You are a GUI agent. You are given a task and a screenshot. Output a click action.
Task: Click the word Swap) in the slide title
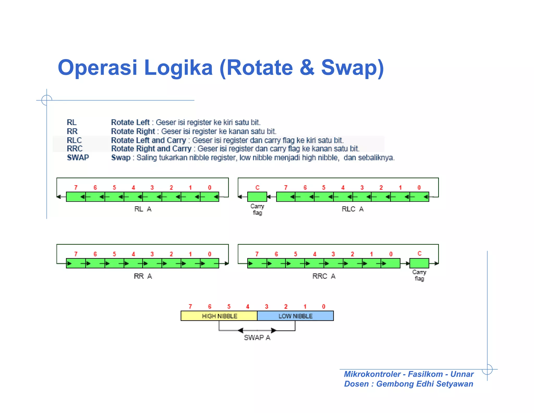pos(352,68)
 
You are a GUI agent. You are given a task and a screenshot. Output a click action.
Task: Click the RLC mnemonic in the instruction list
pos(74,140)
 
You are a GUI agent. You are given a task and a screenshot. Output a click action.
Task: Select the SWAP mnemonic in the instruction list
pos(78,157)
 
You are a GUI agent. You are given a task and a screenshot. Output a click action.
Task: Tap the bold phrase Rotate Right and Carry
pos(151,149)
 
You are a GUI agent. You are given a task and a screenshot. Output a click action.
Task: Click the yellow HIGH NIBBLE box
pos(219,316)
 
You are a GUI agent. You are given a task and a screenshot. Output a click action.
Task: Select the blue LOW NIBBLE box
pos(295,316)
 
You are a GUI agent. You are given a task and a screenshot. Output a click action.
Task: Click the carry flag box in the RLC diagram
pos(257,197)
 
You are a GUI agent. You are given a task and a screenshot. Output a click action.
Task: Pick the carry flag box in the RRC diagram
pos(419,263)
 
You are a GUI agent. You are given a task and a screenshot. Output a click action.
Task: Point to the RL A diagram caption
pos(143,209)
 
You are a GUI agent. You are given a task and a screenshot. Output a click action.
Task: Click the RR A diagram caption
pos(143,276)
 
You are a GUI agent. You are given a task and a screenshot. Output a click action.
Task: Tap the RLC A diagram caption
pos(353,209)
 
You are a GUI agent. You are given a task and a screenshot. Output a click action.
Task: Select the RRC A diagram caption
pos(324,276)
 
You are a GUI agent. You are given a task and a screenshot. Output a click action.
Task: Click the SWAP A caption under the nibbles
pos(257,338)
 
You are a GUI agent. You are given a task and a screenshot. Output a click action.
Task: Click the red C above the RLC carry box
pos(257,187)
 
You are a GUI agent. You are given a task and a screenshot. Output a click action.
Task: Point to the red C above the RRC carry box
pos(419,253)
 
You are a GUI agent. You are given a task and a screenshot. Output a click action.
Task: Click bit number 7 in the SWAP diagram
pos(190,306)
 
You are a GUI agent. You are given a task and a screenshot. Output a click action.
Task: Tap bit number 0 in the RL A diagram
pos(210,187)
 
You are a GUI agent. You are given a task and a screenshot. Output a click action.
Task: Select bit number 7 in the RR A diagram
pos(76,254)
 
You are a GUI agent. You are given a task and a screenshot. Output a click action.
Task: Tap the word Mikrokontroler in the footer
pos(372,374)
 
